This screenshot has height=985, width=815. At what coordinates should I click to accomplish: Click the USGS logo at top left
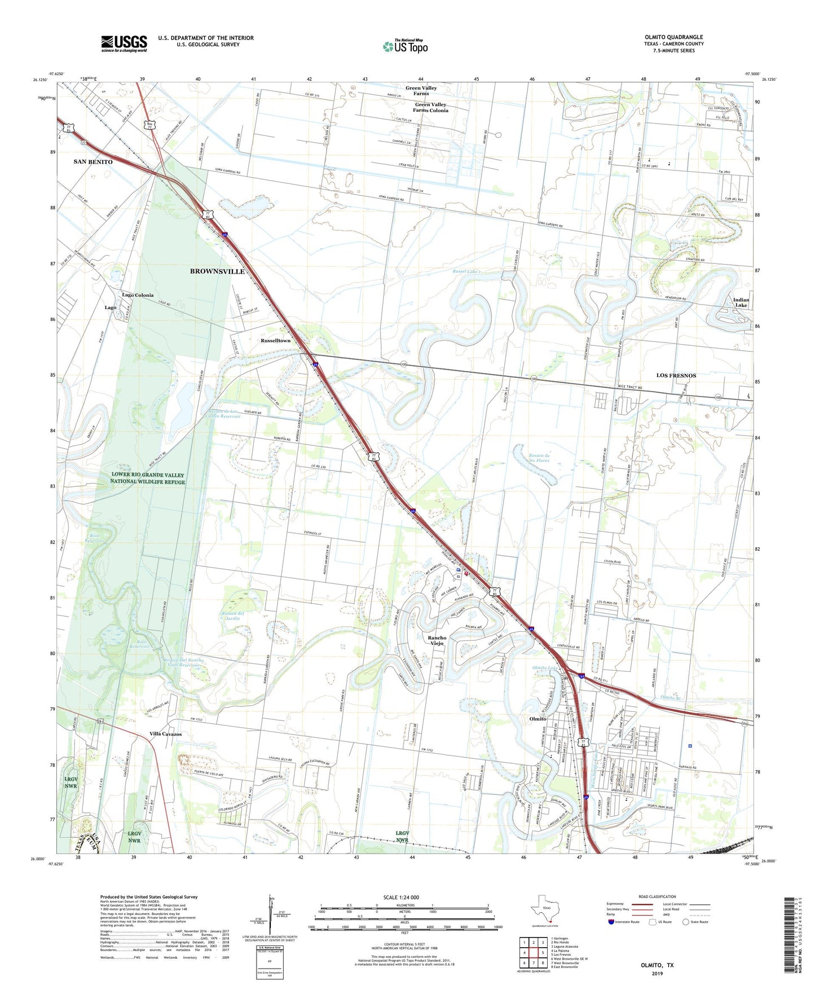pyautogui.click(x=124, y=43)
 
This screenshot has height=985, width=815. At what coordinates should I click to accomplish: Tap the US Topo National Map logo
pyautogui.click(x=404, y=46)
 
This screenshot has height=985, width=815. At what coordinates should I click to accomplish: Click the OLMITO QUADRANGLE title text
pyautogui.click(x=673, y=37)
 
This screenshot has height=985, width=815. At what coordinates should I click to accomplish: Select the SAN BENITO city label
pyautogui.click(x=93, y=162)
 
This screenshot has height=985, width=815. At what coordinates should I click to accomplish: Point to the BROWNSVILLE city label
pyautogui.click(x=217, y=271)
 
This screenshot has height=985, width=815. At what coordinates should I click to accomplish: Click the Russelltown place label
pyautogui.click(x=275, y=341)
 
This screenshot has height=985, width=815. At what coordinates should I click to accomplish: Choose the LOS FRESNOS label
pyautogui.click(x=676, y=375)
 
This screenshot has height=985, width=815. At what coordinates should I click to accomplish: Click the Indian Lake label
pyautogui.click(x=741, y=302)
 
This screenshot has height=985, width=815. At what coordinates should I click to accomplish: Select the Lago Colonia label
pyautogui.click(x=138, y=295)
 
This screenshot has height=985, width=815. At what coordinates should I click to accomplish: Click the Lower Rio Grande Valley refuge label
pyautogui.click(x=148, y=478)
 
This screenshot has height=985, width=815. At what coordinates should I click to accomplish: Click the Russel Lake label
pyautogui.click(x=467, y=271)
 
